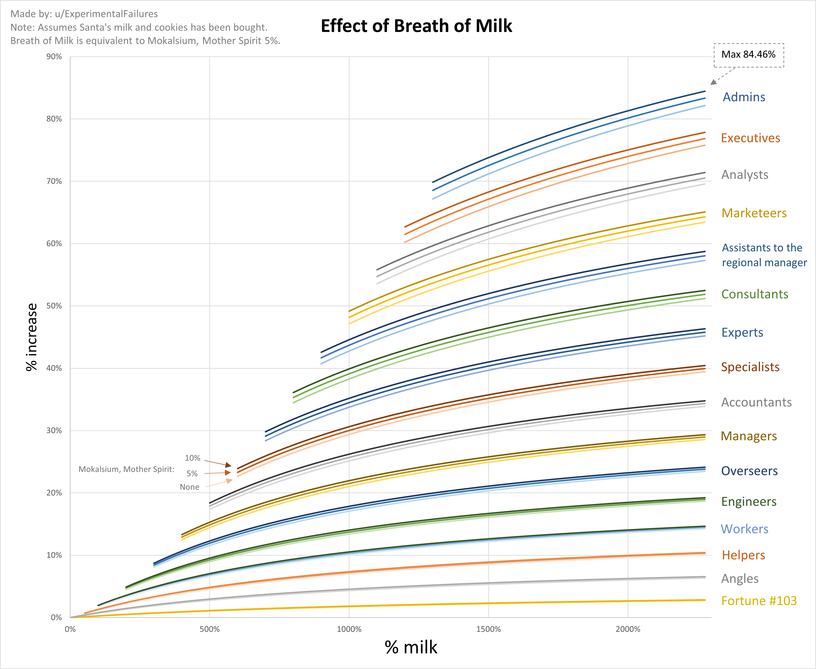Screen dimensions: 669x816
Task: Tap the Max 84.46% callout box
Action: (x=748, y=55)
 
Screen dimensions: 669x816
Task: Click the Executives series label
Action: (x=750, y=138)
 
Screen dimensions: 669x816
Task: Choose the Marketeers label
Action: (x=754, y=213)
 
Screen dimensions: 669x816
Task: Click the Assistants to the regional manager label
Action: (x=764, y=255)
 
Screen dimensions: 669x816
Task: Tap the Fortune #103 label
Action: (x=759, y=601)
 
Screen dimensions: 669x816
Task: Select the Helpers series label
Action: (x=743, y=555)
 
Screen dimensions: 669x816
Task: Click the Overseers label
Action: (x=749, y=471)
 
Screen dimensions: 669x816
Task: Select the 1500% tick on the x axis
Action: (x=488, y=629)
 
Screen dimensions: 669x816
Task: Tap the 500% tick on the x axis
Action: (x=210, y=629)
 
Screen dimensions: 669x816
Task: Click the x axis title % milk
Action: (x=411, y=647)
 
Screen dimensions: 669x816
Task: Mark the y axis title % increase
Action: (x=32, y=337)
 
